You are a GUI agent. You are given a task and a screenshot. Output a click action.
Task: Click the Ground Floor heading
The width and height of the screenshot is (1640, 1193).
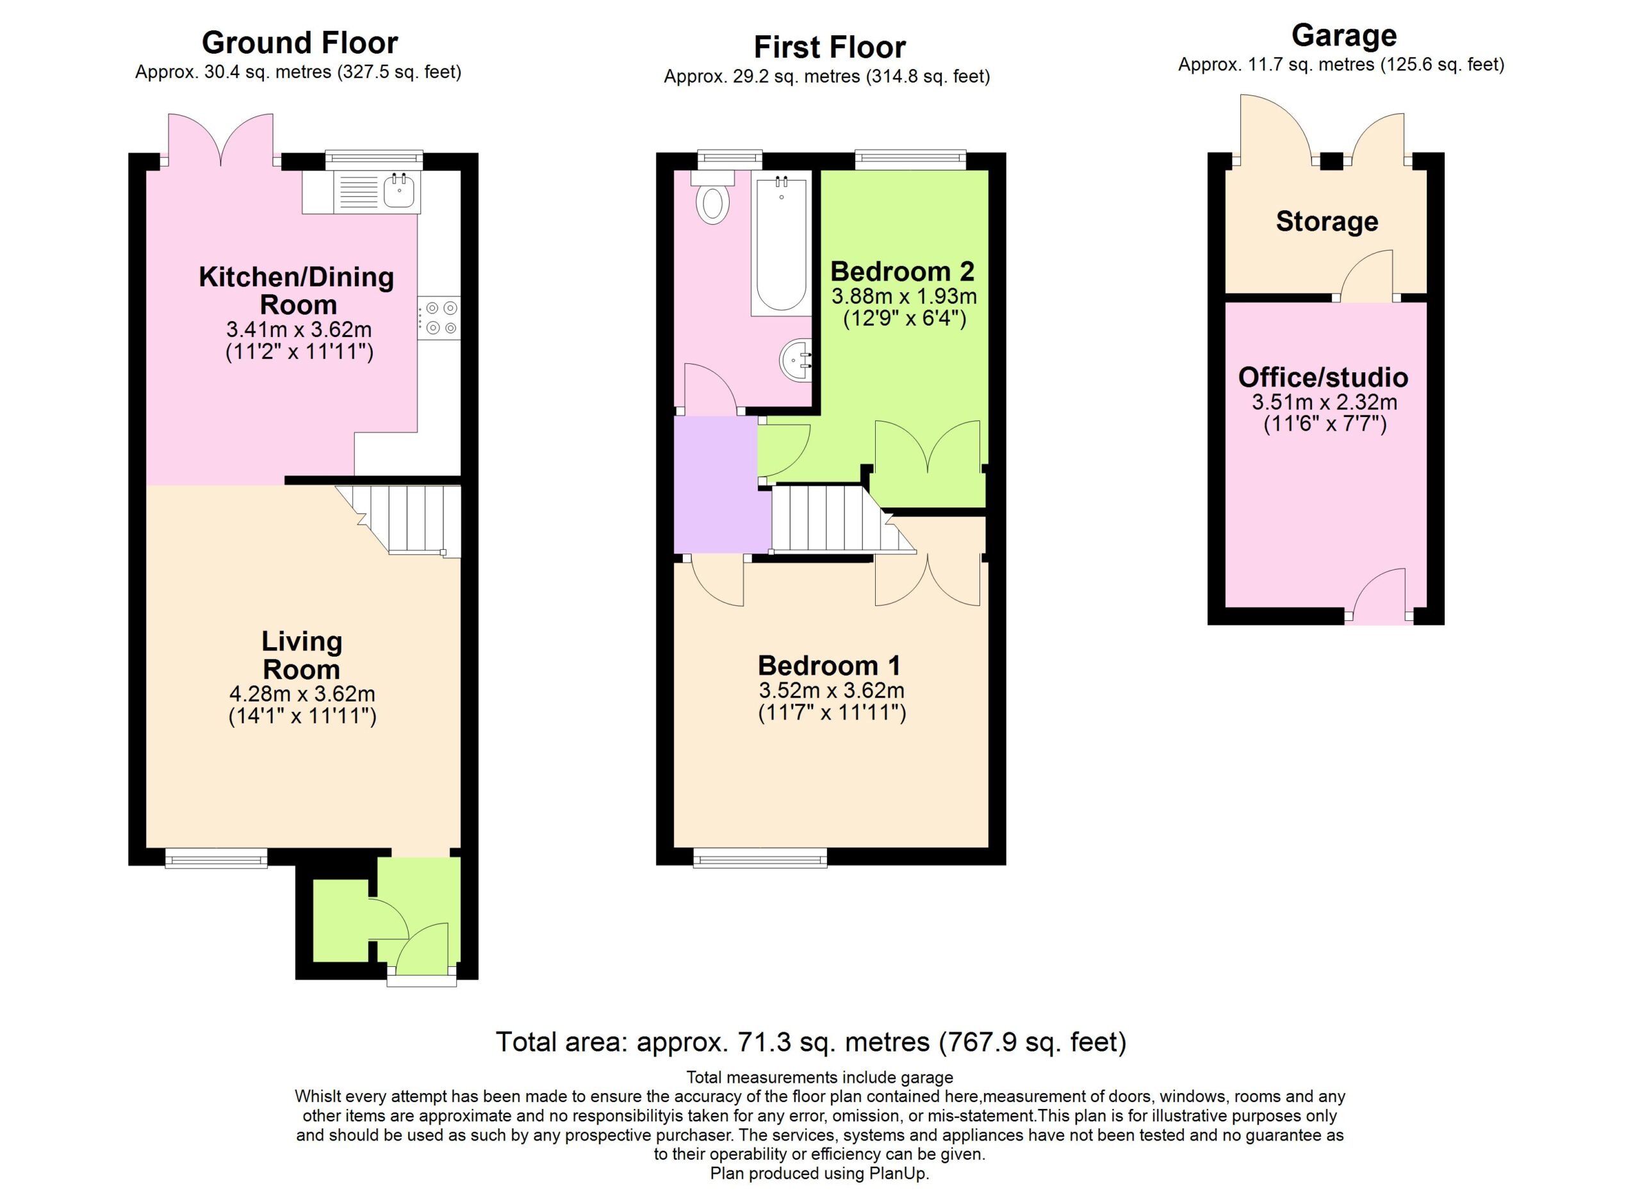tap(299, 44)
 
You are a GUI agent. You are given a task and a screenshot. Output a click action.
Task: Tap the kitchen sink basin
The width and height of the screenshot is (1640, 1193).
tap(398, 191)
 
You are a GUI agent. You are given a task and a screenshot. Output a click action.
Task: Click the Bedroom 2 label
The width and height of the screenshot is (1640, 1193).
tap(903, 272)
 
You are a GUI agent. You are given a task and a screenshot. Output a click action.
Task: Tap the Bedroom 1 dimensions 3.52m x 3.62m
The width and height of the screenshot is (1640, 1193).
tap(832, 691)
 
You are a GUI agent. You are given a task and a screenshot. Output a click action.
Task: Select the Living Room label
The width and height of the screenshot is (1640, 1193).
tap(302, 655)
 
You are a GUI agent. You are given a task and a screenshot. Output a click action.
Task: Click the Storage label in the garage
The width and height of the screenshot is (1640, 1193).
tap(1327, 221)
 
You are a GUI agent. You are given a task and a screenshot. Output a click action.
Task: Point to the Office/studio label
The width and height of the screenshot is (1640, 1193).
tap(1324, 377)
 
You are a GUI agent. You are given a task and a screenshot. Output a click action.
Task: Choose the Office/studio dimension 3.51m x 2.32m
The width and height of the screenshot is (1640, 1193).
tap(1325, 402)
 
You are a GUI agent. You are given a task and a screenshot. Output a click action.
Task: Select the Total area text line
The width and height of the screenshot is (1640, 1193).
tap(810, 1042)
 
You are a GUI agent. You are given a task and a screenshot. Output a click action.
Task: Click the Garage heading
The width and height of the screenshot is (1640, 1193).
tap(1343, 35)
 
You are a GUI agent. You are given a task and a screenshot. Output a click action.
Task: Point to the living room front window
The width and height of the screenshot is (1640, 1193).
tap(216, 859)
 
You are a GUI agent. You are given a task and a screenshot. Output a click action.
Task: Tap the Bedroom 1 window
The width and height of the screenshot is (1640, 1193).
tap(760, 859)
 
